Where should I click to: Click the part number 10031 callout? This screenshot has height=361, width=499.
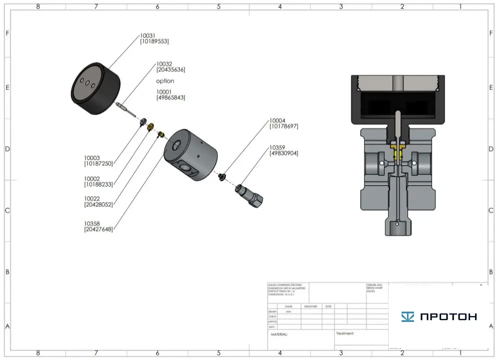pyautogui.click(x=147, y=35)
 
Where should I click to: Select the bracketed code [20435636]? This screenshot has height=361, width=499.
pyautogui.click(x=170, y=70)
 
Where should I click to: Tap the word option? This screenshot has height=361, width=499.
pyautogui.click(x=165, y=81)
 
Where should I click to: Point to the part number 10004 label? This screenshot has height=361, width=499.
pyautogui.click(x=277, y=120)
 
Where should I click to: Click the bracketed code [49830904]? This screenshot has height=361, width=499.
pyautogui.click(x=284, y=153)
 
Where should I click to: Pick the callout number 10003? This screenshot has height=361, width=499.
pyautogui.click(x=92, y=158)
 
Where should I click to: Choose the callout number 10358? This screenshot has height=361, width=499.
pyautogui.click(x=92, y=223)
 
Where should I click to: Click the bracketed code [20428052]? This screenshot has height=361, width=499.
pyautogui.click(x=98, y=204)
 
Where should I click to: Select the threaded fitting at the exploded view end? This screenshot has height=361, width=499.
pyautogui.click(x=250, y=195)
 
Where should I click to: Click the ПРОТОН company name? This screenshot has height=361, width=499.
pyautogui.click(x=448, y=316)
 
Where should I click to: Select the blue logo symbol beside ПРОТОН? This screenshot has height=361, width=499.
pyautogui.click(x=408, y=316)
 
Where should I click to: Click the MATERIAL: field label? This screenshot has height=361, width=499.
pyautogui.click(x=279, y=334)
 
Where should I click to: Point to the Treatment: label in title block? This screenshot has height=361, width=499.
pyautogui.click(x=345, y=333)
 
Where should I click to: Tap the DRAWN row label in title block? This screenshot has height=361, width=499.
pyautogui.click(x=272, y=311)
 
